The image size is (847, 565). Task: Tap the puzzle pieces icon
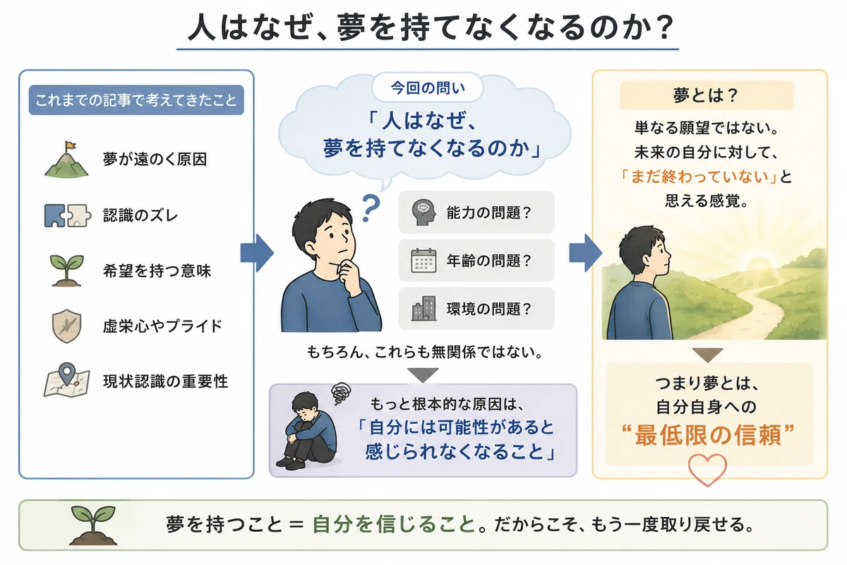(68, 215)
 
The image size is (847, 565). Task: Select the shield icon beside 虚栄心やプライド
(66, 326)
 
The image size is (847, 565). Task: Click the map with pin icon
(67, 380)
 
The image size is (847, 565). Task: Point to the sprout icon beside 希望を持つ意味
(66, 270)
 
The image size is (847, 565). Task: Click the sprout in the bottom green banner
(93, 525)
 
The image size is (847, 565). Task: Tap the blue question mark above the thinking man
(371, 208)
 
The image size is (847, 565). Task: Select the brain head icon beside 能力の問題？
(423, 213)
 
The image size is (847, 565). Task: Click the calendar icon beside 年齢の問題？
(423, 261)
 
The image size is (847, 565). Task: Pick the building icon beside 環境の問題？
(423, 309)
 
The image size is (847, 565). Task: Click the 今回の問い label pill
(428, 88)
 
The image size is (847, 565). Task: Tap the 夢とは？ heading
(707, 95)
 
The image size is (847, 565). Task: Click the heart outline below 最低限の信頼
(707, 470)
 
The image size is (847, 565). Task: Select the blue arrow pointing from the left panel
(257, 253)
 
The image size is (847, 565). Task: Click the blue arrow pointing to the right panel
(585, 253)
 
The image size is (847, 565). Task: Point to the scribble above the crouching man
(341, 393)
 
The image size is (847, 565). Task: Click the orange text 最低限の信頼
(708, 435)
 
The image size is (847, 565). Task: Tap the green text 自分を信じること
(394, 525)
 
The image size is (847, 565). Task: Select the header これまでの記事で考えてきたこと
(136, 100)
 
